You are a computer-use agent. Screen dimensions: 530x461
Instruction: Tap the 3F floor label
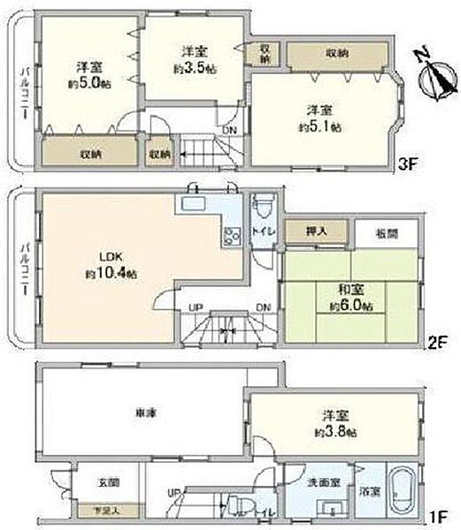coord(406,163)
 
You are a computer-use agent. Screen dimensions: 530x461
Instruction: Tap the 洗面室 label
coord(324,482)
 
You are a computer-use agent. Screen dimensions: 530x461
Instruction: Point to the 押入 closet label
coord(316,231)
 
